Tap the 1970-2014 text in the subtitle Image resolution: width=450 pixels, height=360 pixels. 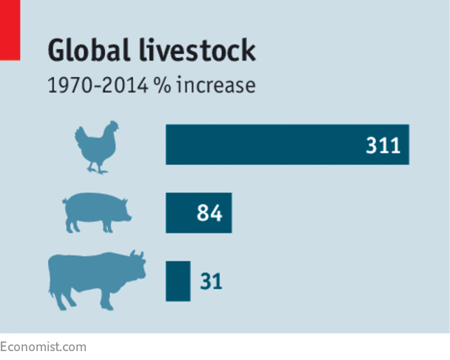pos(97,86)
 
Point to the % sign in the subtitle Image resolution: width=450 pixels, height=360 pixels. pos(164,86)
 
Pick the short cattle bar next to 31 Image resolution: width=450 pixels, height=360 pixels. pos(178,281)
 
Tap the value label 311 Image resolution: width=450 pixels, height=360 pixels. pos(383,145)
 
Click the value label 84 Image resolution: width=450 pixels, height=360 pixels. pos(209,214)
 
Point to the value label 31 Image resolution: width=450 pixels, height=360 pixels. pos(211,281)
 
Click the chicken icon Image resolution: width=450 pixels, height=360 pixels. pos(97,147)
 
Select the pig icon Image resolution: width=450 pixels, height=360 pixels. pos(96,213)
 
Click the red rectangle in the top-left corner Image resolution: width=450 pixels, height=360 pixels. pos(10,30)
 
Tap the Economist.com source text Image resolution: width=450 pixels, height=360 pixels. pos(43,347)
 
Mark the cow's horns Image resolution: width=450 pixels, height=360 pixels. pos(135,253)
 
